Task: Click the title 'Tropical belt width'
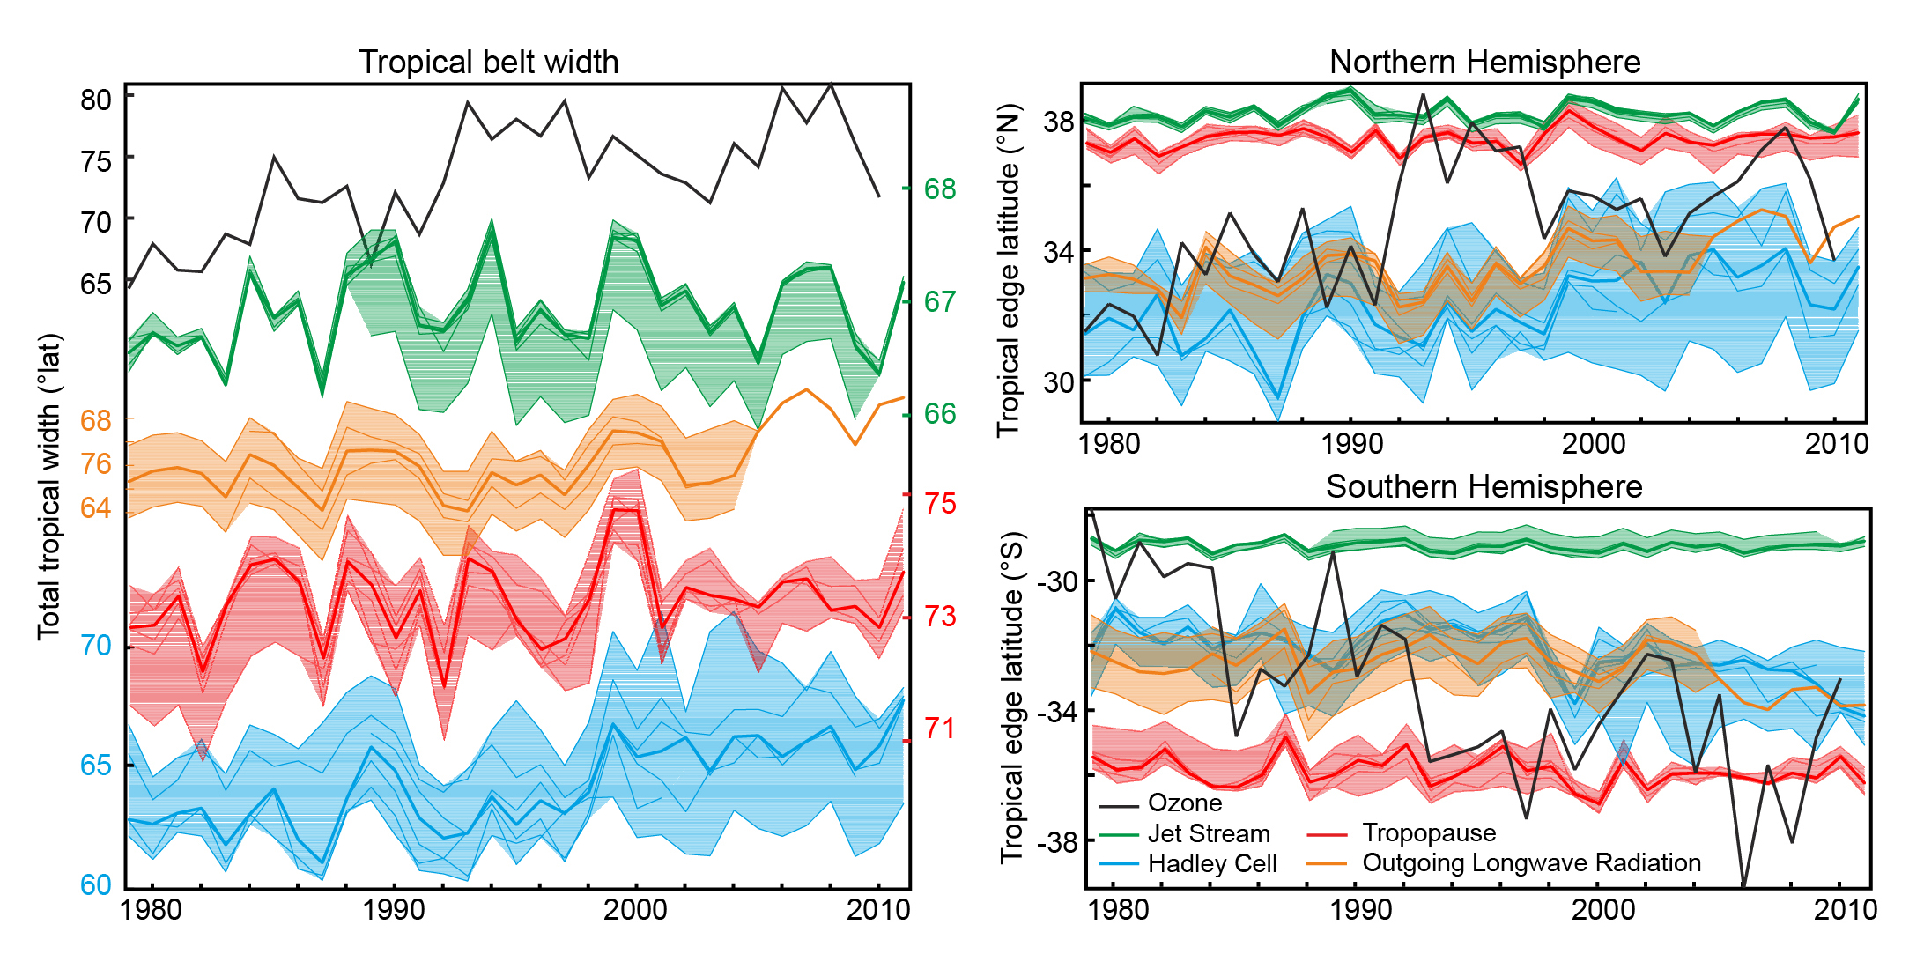pos(488,63)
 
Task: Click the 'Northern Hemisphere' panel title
pos(1484,63)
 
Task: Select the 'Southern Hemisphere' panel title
pos(1484,486)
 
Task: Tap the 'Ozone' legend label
pos(1185,803)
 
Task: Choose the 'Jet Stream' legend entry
pos(1209,833)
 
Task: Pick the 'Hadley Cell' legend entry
pos(1212,863)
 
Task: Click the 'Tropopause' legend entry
pos(1429,832)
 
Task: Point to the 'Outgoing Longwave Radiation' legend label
pos(1531,862)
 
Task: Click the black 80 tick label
pos(96,100)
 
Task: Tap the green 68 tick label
pos(940,189)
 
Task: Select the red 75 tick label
pos(940,503)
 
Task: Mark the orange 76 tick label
pos(96,463)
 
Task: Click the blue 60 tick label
pos(96,884)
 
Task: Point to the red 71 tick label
pos(940,729)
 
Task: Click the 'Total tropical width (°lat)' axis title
pos(49,486)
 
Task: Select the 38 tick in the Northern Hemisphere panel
pos(1058,122)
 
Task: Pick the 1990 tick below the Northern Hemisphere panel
pos(1351,443)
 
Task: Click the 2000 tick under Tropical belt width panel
pos(635,909)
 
